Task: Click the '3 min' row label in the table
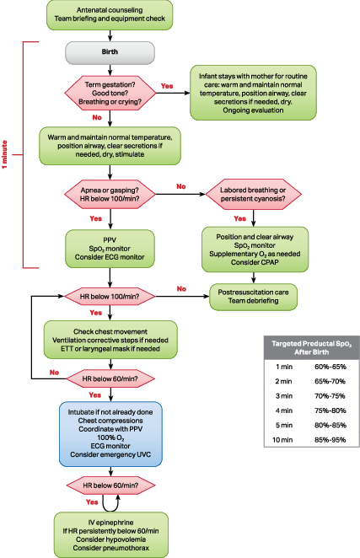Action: pos(282,395)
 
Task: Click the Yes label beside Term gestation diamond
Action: pos(167,86)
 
